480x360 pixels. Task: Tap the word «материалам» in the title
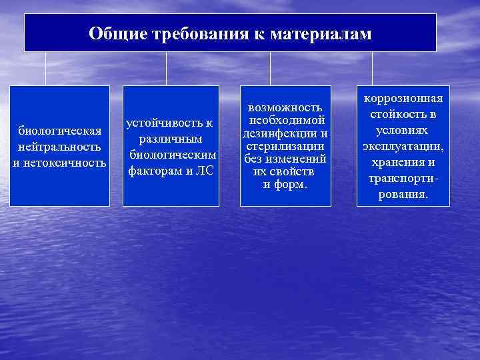click(321, 33)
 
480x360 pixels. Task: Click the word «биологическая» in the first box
click(59, 130)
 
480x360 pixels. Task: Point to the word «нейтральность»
click(59, 146)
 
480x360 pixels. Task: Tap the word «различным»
click(171, 139)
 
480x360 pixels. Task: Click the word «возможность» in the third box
click(285, 107)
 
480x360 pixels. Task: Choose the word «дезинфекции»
click(280, 133)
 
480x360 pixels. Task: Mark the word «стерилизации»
click(285, 146)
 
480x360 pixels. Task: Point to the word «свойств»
click(289, 171)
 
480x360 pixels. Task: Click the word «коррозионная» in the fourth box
click(403, 99)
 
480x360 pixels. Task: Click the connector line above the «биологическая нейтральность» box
click(45, 69)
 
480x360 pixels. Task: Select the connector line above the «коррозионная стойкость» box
click(372, 69)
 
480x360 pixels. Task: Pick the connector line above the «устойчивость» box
click(166, 69)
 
